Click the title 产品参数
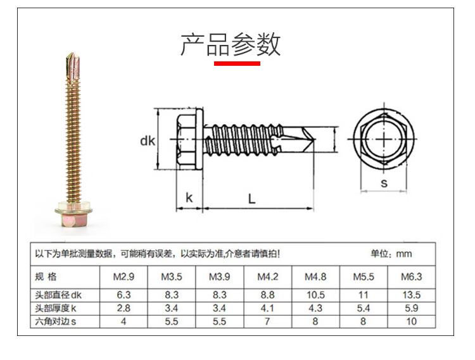[x=231, y=45]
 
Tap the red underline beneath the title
[x=237, y=63]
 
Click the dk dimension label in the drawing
[x=148, y=141]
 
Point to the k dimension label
[x=189, y=197]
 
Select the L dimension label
[x=251, y=199]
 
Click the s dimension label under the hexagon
[x=384, y=183]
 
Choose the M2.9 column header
[x=123, y=277]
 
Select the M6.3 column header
[x=412, y=277]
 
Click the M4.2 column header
[x=268, y=277]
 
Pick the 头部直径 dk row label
[x=58, y=295]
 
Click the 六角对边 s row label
[x=55, y=321]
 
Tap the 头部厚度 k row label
[x=55, y=308]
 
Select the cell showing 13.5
[x=412, y=295]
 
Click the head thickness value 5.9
[x=412, y=308]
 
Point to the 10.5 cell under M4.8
[x=315, y=295]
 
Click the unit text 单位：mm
[x=391, y=254]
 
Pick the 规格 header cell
[x=46, y=276]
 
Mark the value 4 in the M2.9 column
[x=123, y=321]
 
